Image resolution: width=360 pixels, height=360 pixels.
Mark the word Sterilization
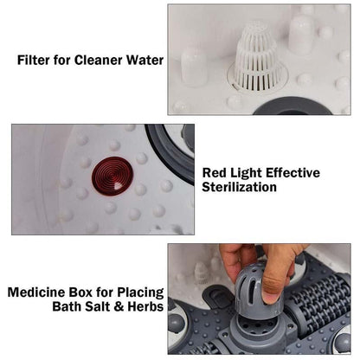point(239,187)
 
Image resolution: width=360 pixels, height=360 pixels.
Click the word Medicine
point(36,292)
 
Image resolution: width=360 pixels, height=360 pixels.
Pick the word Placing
point(136,292)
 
